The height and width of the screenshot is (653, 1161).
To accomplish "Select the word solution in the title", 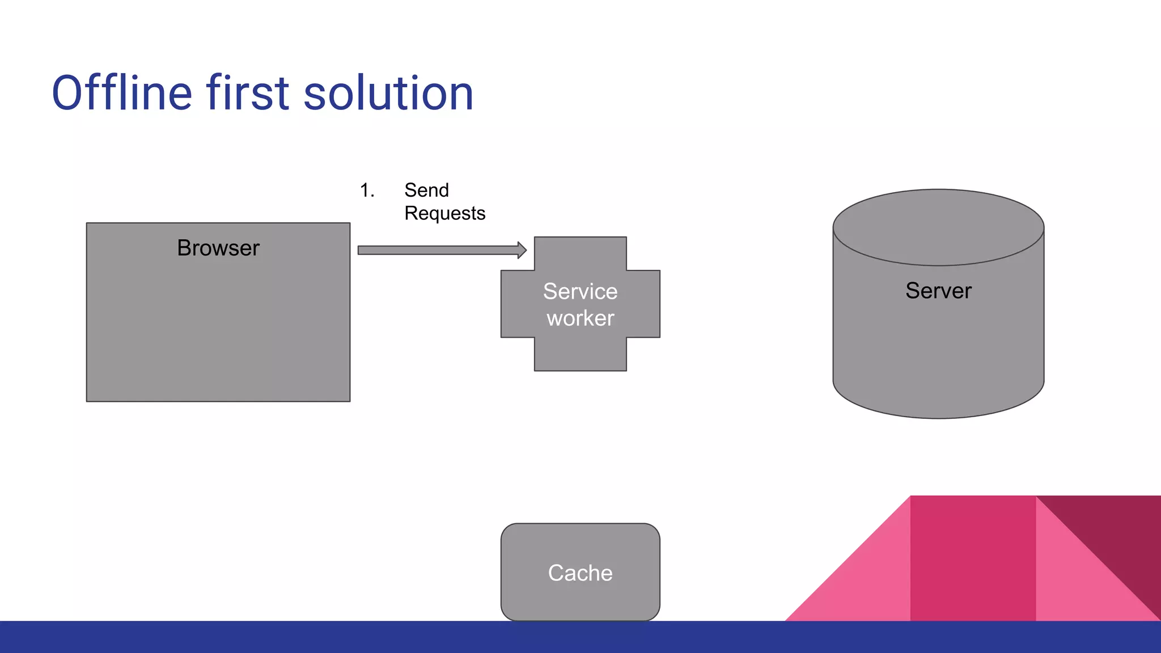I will point(388,94).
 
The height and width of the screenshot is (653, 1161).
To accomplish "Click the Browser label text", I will point(218,248).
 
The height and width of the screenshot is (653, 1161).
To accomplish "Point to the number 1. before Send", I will point(367,190).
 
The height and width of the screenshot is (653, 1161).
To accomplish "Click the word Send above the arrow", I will point(426,190).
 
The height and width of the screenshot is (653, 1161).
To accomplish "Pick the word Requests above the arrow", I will point(445,214).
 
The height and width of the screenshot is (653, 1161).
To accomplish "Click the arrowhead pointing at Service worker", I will point(522,250).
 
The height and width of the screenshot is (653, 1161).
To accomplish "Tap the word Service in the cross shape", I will point(580,291).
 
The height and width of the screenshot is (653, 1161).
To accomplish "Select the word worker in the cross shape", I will point(580,319).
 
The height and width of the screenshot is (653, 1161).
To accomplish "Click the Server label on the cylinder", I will point(938,291).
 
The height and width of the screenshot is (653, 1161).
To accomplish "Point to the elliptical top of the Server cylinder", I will point(938,227).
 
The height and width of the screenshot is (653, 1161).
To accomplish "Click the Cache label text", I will point(580,573).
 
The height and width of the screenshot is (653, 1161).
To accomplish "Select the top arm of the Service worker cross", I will point(580,253).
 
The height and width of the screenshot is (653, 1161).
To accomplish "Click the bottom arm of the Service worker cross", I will point(580,354).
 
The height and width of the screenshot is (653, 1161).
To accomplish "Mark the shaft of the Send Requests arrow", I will point(437,250).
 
